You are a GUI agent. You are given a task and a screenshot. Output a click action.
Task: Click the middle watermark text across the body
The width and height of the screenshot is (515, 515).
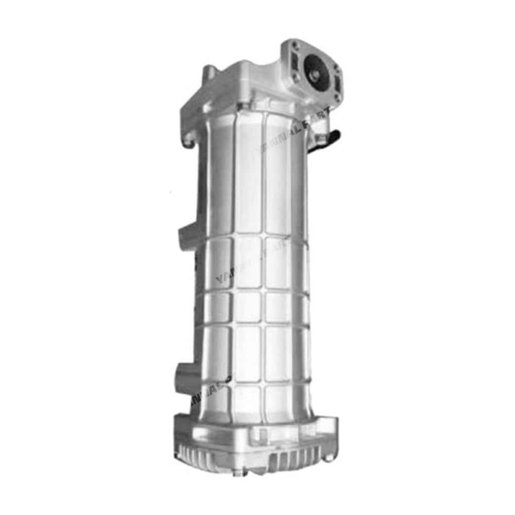[x=252, y=263]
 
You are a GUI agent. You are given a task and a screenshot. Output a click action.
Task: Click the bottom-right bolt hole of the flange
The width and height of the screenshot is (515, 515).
[x=336, y=96]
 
